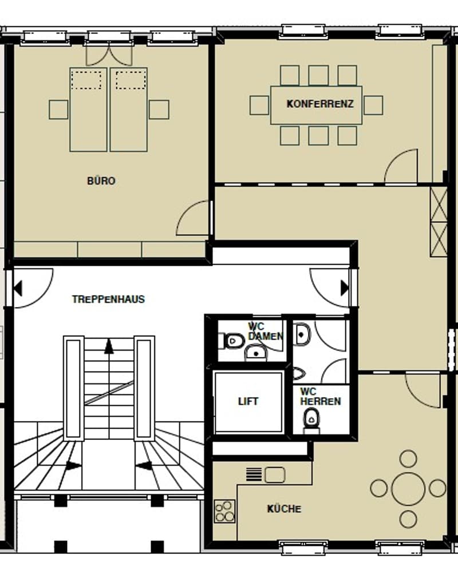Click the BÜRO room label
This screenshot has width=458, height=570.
(101, 180)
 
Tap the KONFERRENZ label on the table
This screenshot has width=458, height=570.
(320, 104)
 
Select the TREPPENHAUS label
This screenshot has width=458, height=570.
(108, 299)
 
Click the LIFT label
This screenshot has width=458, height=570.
(248, 402)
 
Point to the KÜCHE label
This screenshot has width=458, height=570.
(284, 509)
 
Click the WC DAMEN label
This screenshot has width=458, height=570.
(265, 331)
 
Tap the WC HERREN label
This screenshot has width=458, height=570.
(321, 396)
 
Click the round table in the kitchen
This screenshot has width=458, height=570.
(408, 489)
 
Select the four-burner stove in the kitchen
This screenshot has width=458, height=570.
(224, 511)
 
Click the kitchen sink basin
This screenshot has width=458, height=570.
(275, 475)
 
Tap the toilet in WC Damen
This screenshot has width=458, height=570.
(231, 341)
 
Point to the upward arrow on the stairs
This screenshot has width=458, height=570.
(109, 346)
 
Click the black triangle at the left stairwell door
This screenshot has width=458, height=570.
(18, 288)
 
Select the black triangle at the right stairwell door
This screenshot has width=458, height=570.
(345, 288)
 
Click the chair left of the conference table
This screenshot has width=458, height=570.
(259, 105)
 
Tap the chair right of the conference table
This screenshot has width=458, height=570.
(373, 105)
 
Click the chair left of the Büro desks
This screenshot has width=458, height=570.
(58, 110)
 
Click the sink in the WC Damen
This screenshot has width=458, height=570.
(256, 353)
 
